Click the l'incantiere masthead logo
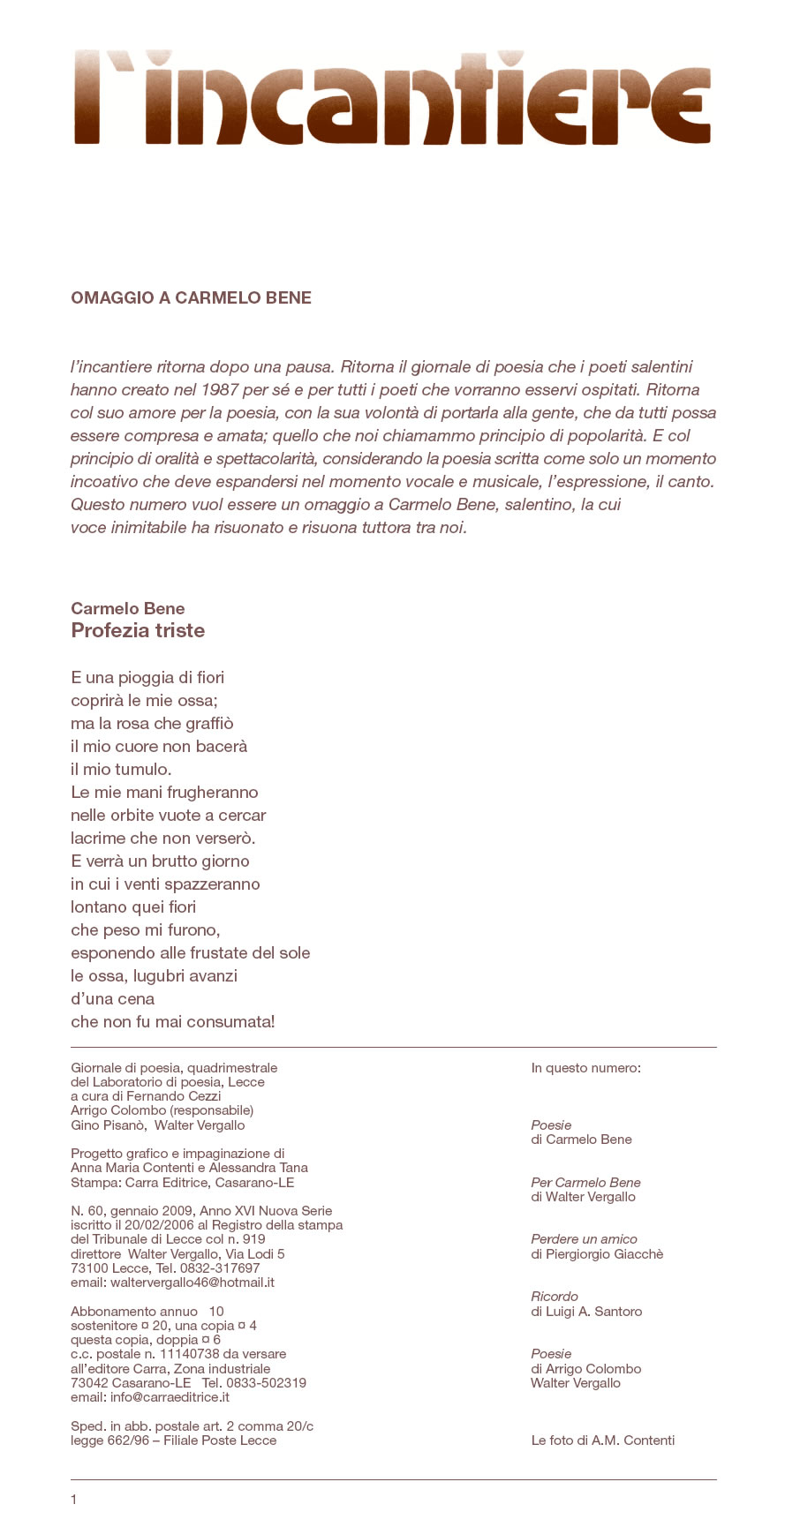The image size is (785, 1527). pyautogui.click(x=392, y=97)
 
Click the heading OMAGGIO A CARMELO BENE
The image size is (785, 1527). pyautogui.click(x=191, y=298)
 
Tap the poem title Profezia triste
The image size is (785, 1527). pyautogui.click(x=138, y=630)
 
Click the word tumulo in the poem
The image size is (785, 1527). pyautogui.click(x=143, y=769)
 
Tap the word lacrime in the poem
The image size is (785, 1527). pyautogui.click(x=98, y=838)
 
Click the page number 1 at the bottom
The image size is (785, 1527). pyautogui.click(x=74, y=1499)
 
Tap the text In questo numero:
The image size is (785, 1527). pyautogui.click(x=585, y=1068)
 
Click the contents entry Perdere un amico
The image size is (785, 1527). pyautogui.click(x=584, y=1239)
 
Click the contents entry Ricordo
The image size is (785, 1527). pyautogui.click(x=555, y=1297)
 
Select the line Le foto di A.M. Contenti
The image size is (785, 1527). pyautogui.click(x=602, y=1440)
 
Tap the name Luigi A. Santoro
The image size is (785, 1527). pyautogui.click(x=594, y=1312)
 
